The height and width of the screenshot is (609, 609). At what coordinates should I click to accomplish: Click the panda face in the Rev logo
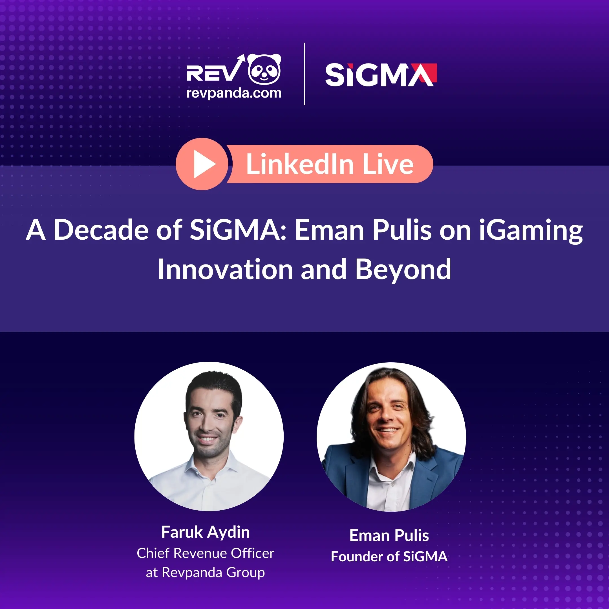(264, 69)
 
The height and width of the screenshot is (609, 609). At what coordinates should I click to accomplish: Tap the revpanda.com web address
(234, 93)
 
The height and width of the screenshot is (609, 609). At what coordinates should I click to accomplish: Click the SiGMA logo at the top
(381, 75)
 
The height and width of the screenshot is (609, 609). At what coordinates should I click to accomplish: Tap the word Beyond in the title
(403, 270)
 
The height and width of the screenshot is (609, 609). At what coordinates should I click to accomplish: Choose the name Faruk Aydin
(206, 532)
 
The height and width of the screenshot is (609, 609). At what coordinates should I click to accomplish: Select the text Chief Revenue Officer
(206, 553)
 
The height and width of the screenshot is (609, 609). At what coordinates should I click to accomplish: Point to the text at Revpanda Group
(205, 572)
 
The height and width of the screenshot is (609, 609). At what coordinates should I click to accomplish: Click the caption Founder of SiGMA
(389, 557)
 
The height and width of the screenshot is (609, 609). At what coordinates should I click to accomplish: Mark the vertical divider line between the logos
(304, 74)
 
